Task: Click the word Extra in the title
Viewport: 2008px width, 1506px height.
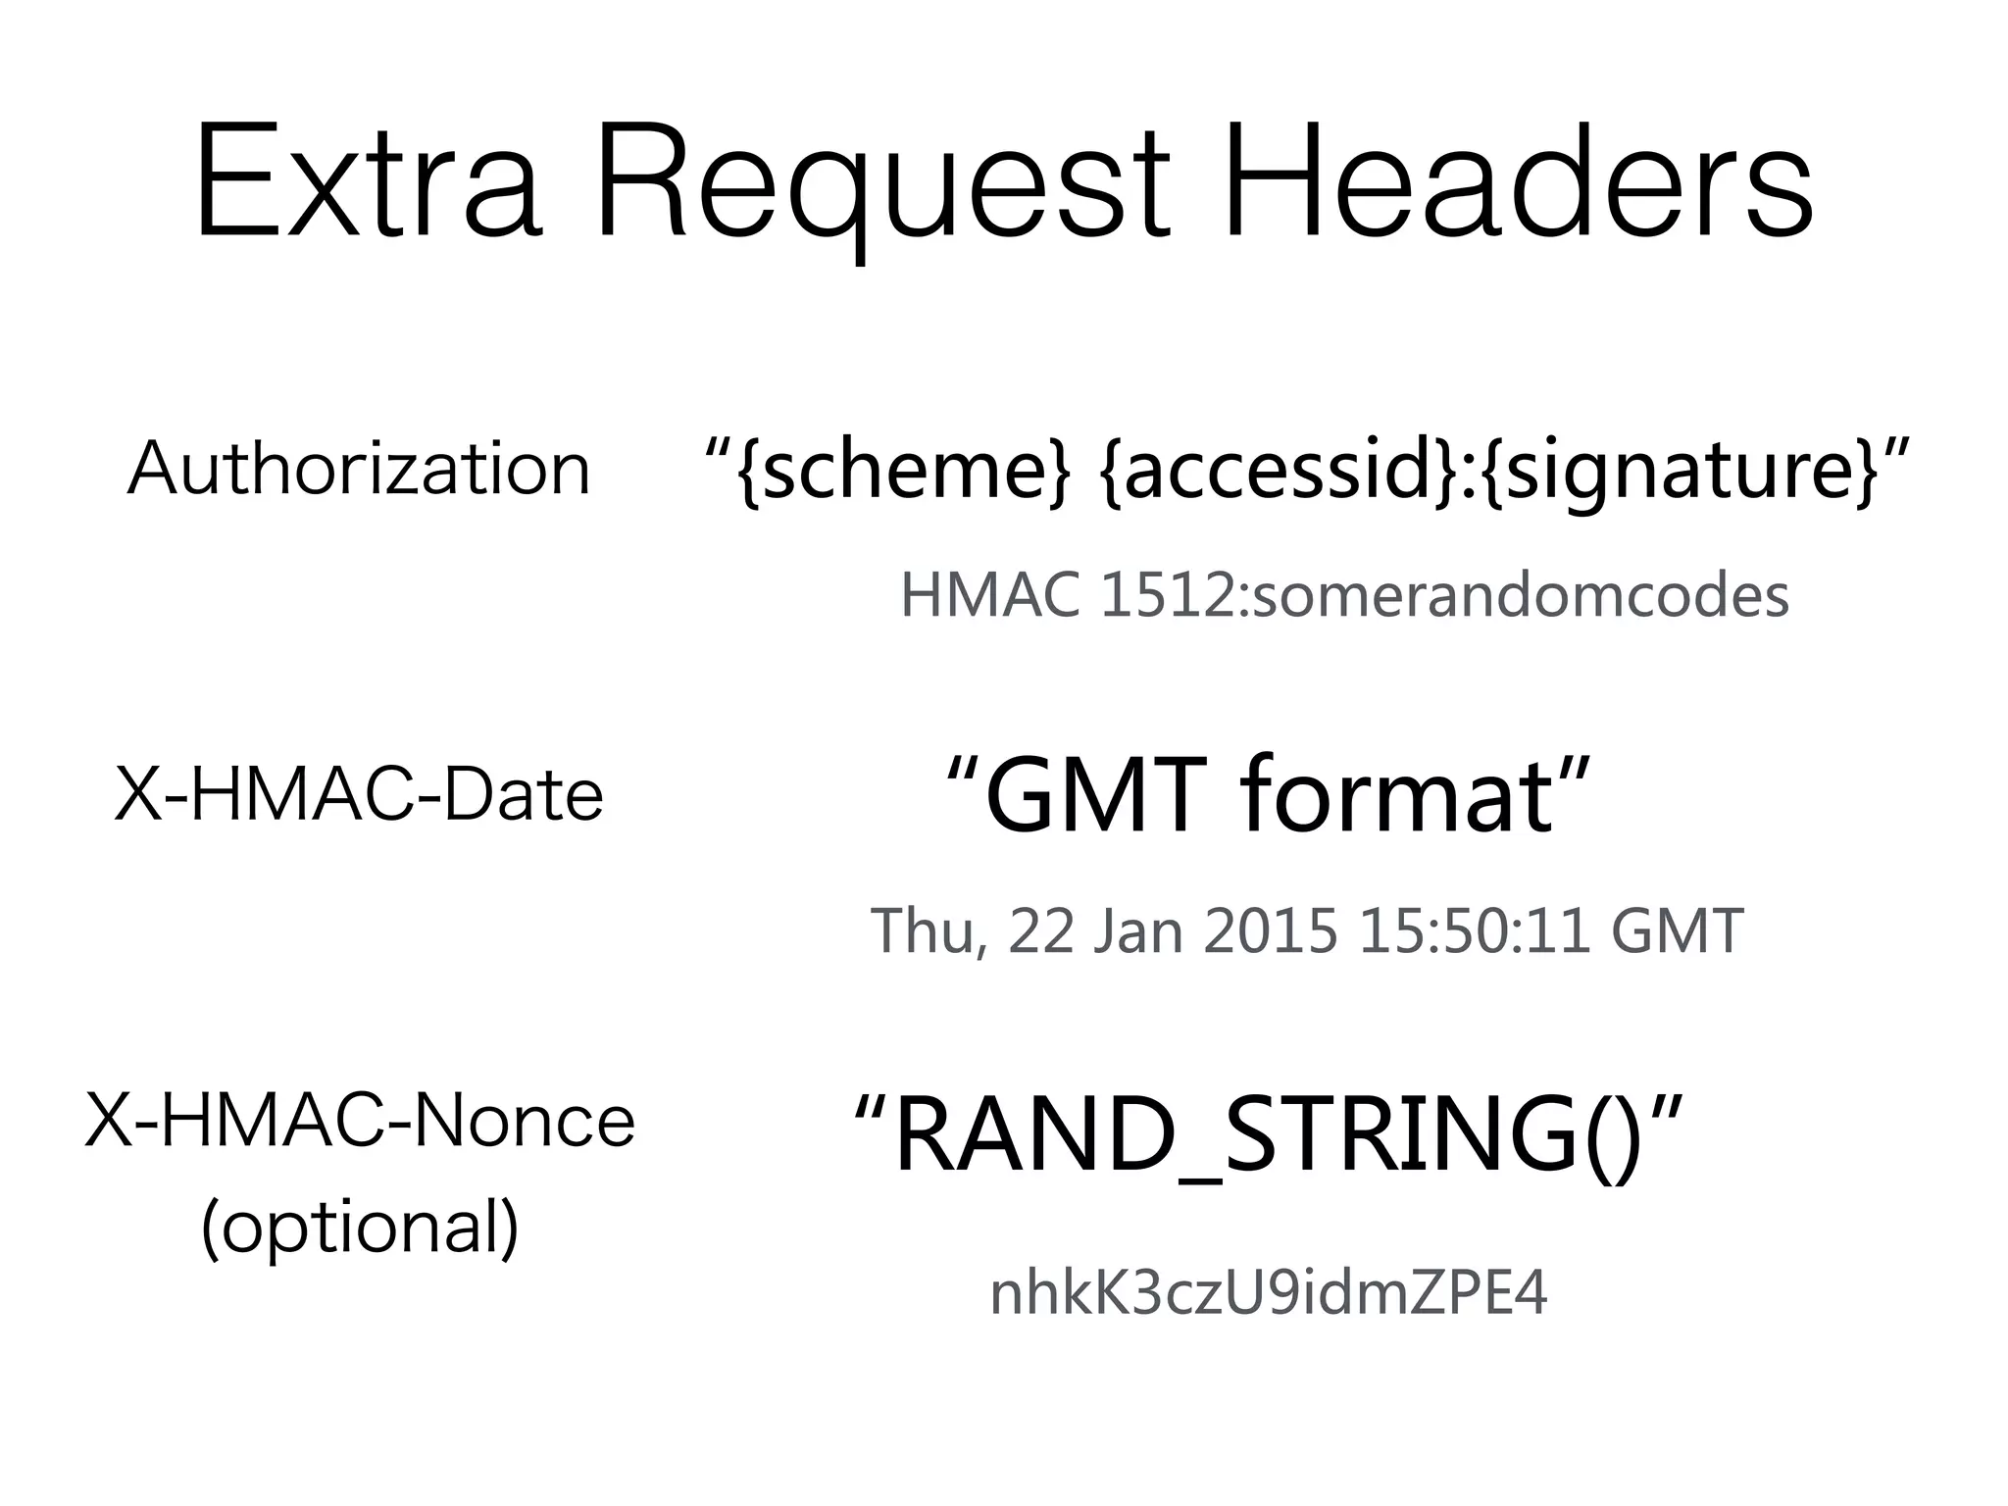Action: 368,181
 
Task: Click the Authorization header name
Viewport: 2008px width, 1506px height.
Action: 359,469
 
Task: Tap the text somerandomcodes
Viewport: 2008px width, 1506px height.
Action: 1520,596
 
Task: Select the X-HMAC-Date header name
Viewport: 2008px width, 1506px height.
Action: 359,794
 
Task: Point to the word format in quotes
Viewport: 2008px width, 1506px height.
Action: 1397,796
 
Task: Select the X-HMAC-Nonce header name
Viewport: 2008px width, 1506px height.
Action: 360,1121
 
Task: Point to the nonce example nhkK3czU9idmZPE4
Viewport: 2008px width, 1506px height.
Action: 1269,1294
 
